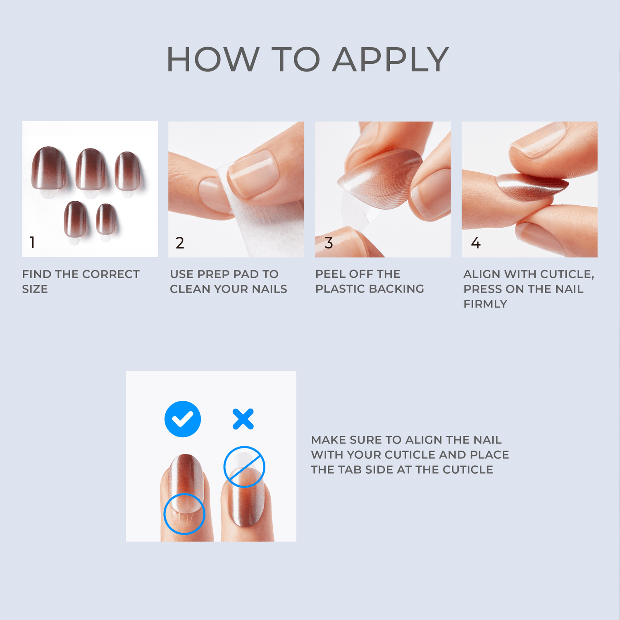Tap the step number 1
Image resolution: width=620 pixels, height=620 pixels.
pyautogui.click(x=32, y=242)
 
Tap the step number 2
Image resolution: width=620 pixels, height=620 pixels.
pyautogui.click(x=180, y=243)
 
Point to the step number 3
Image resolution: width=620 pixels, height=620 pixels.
pyautogui.click(x=329, y=243)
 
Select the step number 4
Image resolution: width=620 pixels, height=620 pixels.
pyautogui.click(x=476, y=243)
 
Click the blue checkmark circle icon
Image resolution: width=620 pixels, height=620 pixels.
pyautogui.click(x=183, y=419)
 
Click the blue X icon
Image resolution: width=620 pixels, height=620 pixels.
pyautogui.click(x=243, y=419)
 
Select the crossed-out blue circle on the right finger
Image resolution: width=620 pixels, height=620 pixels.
pyautogui.click(x=244, y=467)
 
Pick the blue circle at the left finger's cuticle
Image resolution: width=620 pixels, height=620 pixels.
pyautogui.click(x=184, y=514)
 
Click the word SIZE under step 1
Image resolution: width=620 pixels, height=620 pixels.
pyautogui.click(x=35, y=289)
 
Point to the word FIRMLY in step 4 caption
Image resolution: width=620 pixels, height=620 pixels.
pyautogui.click(x=485, y=304)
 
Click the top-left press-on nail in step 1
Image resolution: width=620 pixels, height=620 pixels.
pyautogui.click(x=49, y=167)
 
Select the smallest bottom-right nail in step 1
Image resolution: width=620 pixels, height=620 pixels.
pyautogui.click(x=106, y=219)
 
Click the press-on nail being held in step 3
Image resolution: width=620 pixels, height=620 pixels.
pyautogui.click(x=380, y=180)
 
